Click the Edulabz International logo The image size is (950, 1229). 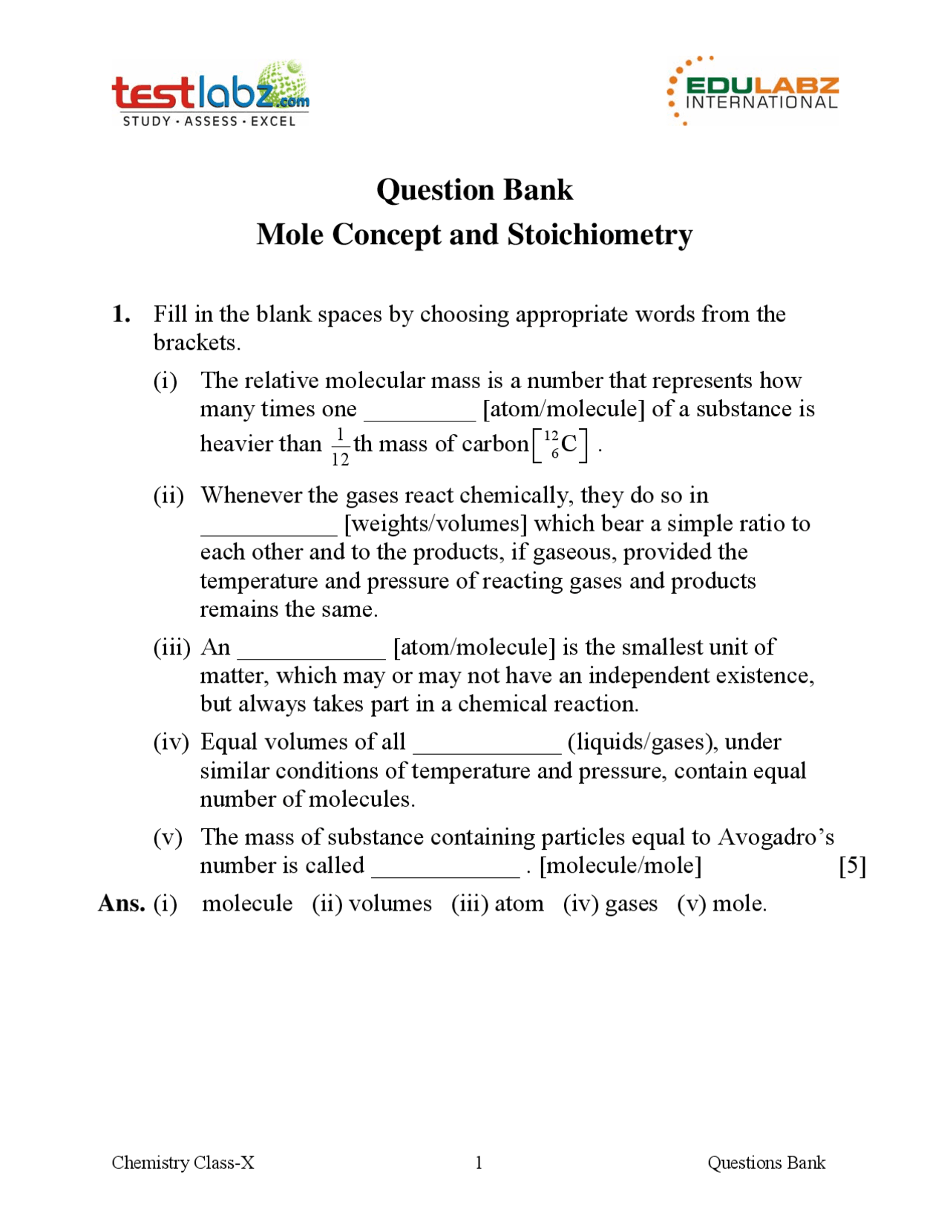(753, 91)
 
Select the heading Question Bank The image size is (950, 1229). (474, 190)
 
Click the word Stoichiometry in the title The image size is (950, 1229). (600, 235)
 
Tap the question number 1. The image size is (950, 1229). (121, 315)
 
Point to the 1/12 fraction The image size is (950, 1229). (340, 446)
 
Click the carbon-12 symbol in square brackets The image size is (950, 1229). (560, 445)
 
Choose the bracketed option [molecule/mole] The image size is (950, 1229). (620, 865)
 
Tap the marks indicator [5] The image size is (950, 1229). (852, 865)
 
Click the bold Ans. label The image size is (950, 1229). (122, 903)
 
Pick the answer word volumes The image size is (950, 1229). (390, 904)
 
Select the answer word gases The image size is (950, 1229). (632, 904)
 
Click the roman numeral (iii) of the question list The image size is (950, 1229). (172, 647)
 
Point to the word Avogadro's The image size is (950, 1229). (776, 837)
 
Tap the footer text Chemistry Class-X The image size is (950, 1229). (183, 1162)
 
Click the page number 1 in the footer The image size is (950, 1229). (479, 1162)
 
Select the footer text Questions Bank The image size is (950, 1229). (766, 1162)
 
